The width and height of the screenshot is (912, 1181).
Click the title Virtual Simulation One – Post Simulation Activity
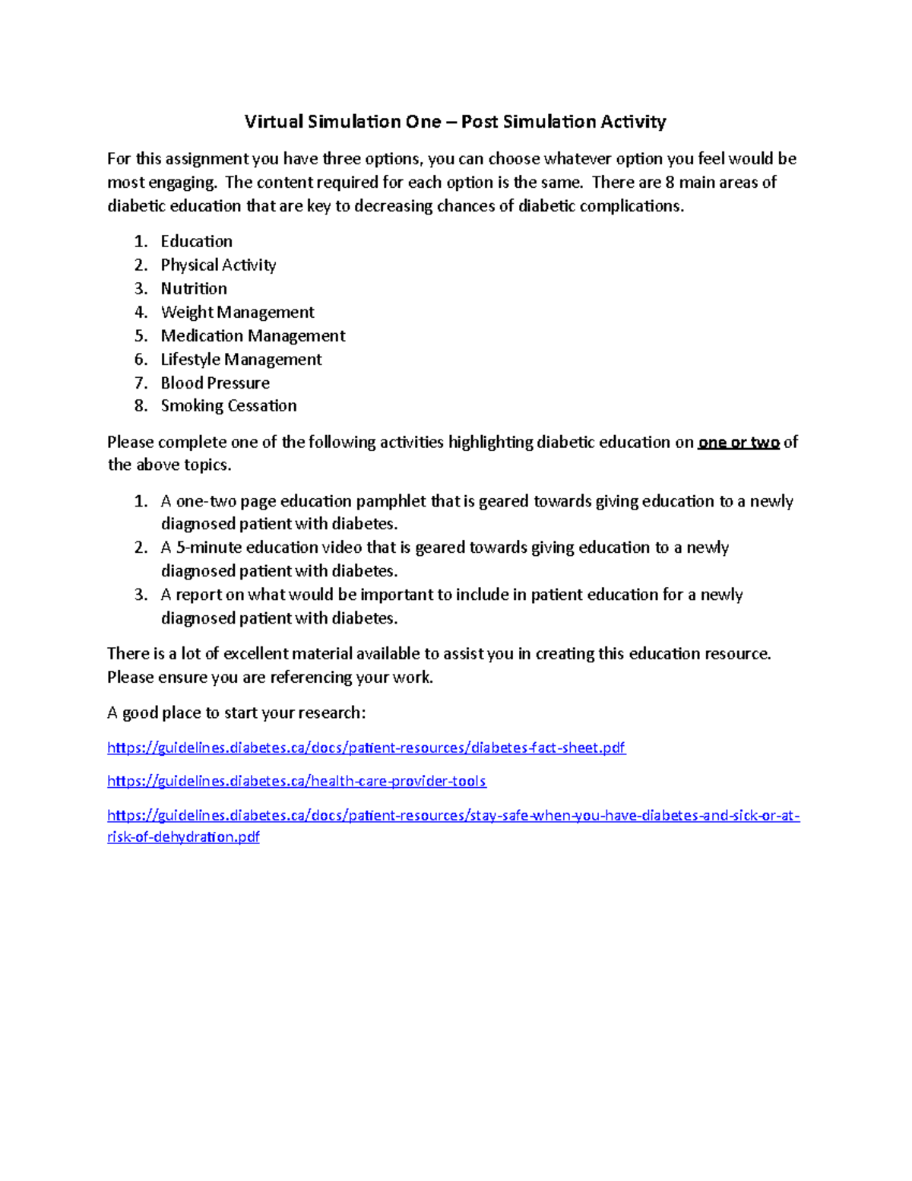tap(454, 122)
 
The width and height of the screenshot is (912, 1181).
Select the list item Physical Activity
tap(218, 265)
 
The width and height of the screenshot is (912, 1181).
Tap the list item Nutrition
tap(194, 288)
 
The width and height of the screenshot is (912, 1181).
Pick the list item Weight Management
tap(237, 312)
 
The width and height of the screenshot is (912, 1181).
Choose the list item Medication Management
tap(253, 335)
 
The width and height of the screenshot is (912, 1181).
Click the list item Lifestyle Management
tap(241, 359)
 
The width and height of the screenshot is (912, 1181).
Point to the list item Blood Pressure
tap(215, 383)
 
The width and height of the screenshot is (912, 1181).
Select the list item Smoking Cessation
tap(229, 405)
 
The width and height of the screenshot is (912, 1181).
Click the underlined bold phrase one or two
tap(739, 443)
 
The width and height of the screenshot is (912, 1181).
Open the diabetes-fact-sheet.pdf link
tap(366, 748)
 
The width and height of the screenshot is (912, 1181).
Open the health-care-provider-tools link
tap(296, 781)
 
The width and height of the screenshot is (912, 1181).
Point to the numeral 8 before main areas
tap(670, 183)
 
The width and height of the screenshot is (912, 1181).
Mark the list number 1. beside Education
tap(141, 242)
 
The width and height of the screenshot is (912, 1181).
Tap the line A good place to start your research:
tap(236, 713)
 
